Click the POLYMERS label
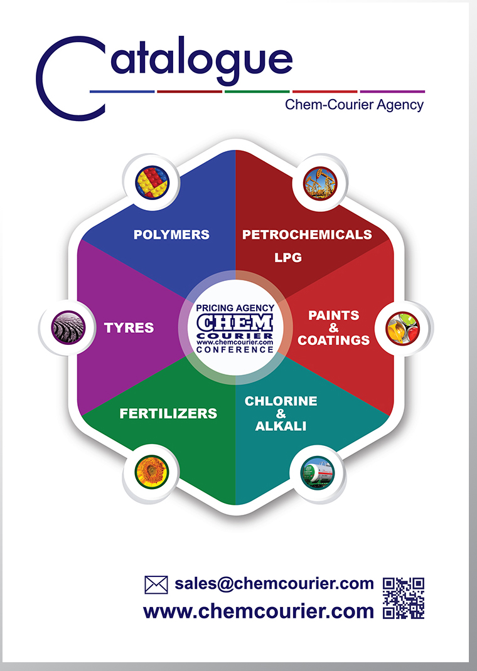click(171, 235)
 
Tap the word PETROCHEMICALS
click(307, 235)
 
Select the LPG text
click(288, 257)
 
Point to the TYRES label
click(129, 328)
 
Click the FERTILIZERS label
click(168, 413)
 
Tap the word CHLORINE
click(281, 401)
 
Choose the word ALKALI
click(281, 426)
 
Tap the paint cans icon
click(403, 328)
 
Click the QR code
click(404, 598)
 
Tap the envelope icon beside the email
click(156, 584)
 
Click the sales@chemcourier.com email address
click(274, 583)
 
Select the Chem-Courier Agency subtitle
click(354, 105)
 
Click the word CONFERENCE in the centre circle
click(235, 350)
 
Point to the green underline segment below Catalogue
click(257, 92)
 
